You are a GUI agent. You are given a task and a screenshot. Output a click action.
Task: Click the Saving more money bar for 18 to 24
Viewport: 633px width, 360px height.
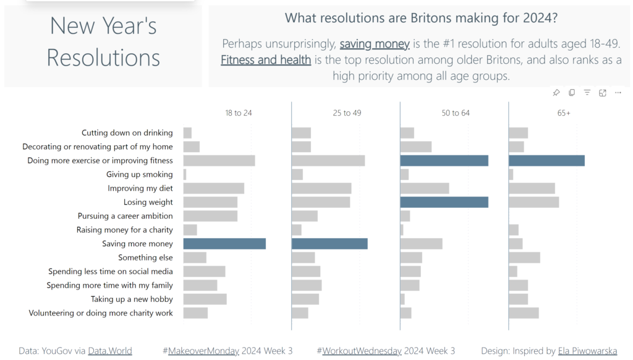[224, 244]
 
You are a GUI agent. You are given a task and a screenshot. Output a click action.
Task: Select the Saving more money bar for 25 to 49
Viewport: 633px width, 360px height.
[329, 244]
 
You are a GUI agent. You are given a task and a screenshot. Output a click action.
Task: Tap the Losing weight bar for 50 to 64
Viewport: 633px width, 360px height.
[444, 202]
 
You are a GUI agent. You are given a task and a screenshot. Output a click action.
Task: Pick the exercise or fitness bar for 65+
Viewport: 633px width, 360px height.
[546, 161]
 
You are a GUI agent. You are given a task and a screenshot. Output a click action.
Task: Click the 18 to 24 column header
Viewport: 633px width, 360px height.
[239, 113]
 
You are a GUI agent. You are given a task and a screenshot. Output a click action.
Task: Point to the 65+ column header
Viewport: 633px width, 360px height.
[564, 113]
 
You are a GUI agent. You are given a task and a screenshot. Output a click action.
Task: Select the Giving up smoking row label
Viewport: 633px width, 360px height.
[140, 174]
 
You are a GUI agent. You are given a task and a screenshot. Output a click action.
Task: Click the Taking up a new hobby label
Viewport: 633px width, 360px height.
[132, 299]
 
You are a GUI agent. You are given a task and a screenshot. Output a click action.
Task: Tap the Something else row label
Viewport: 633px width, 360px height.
[146, 257]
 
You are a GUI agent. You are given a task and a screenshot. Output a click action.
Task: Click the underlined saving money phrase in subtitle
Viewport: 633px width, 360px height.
[375, 44]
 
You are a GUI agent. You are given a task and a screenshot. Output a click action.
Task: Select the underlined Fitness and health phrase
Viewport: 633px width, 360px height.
[266, 60]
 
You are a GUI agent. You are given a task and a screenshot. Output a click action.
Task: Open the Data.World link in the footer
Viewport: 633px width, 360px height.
[110, 351]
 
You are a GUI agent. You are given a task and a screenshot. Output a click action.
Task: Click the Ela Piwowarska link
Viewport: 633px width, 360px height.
[588, 351]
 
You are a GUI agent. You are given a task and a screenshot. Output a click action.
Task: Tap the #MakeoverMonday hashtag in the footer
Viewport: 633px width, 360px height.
[201, 351]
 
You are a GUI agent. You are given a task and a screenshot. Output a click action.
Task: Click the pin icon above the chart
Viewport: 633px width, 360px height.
[556, 93]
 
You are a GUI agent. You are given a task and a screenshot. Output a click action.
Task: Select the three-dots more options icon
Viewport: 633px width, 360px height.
[618, 93]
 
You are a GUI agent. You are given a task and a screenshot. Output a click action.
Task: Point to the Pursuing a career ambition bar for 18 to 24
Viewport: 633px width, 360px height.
[210, 216]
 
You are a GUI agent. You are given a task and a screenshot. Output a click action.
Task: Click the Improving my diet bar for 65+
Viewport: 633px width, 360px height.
[532, 188]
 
